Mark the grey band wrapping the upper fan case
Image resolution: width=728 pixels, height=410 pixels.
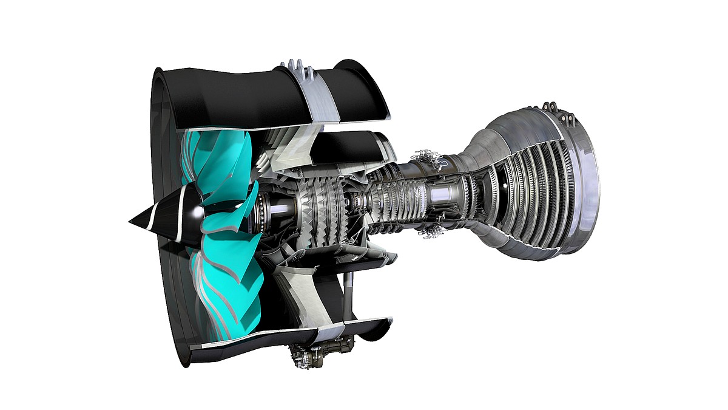315,103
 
